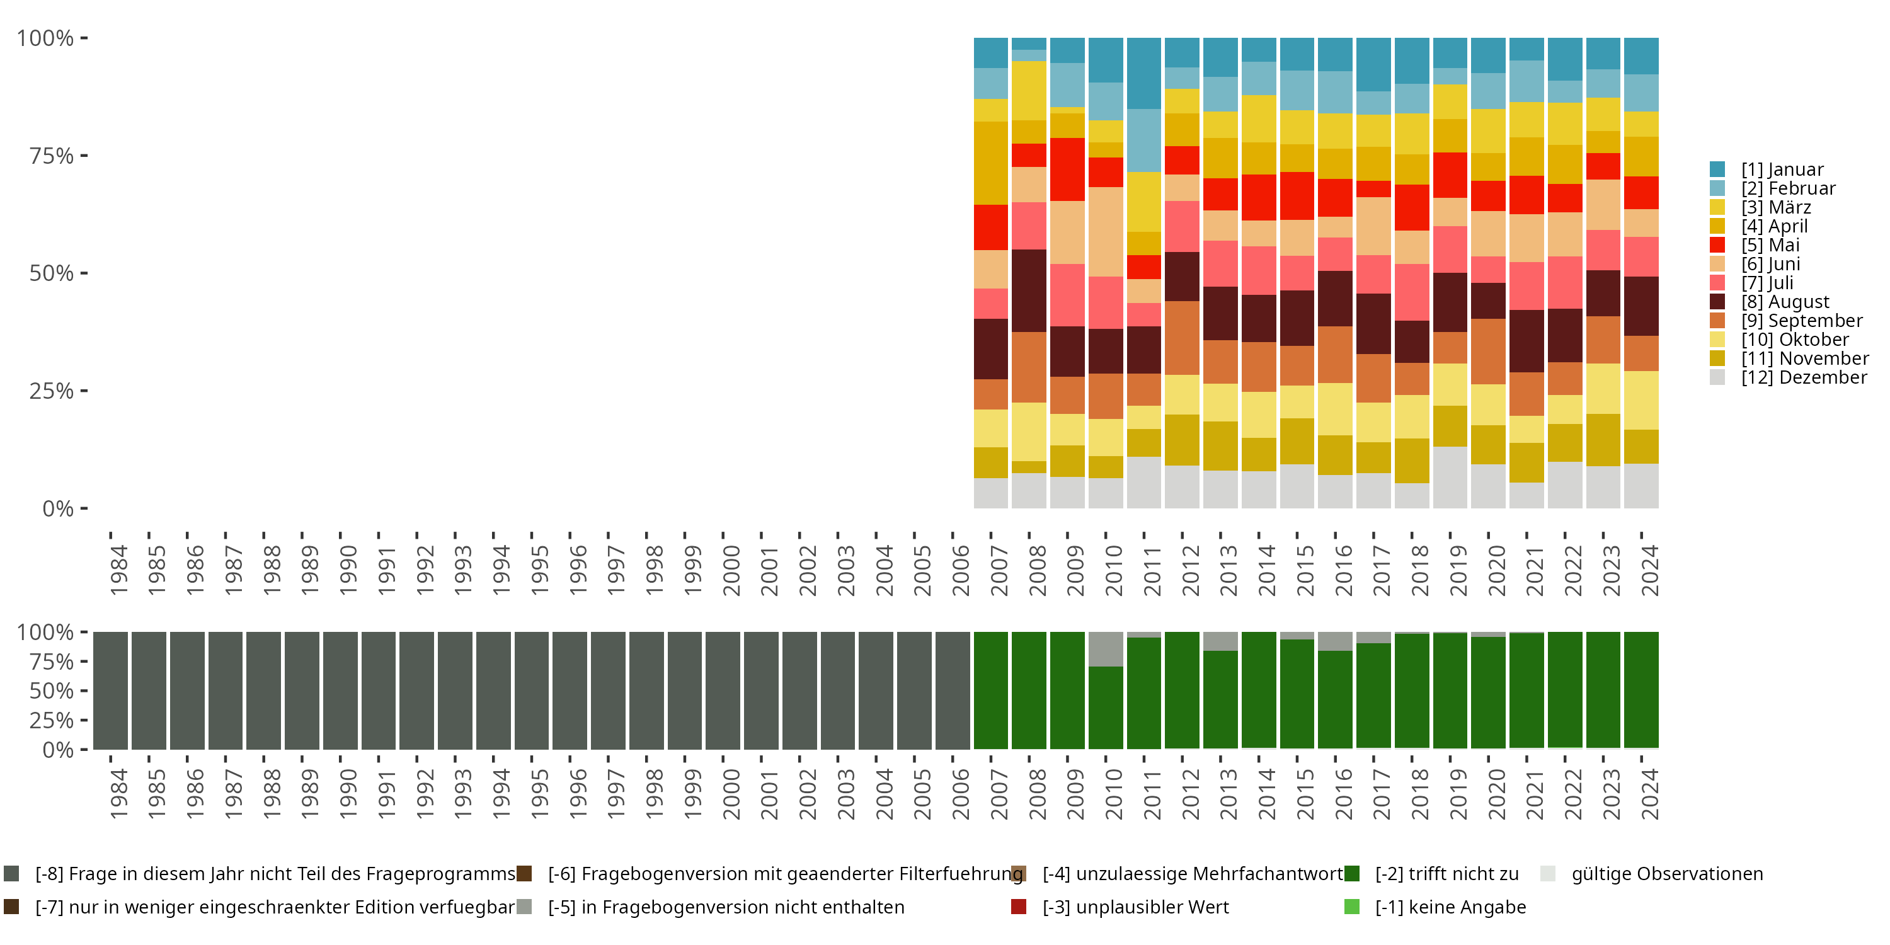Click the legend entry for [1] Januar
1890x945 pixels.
pos(1782,169)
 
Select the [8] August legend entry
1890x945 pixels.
pos(1784,302)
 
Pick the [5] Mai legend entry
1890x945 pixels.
pos(1770,245)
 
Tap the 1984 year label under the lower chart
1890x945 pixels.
pos(119,794)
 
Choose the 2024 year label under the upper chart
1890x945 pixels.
pos(1649,571)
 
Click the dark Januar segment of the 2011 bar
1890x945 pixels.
pos(1144,73)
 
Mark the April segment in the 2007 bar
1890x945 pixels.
pos(990,163)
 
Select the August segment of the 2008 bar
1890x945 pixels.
pos(1029,290)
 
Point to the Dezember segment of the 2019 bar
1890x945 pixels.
pos(1450,477)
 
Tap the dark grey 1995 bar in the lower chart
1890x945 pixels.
pos(531,690)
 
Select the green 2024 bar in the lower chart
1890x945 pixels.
pos(1641,690)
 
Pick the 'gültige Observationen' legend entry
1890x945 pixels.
pos(1666,874)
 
